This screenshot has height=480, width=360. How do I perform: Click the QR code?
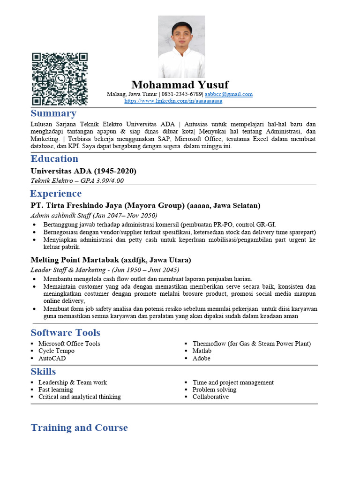pyautogui.click(x=60, y=79)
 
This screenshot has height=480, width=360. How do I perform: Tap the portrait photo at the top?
pyautogui.click(x=181, y=46)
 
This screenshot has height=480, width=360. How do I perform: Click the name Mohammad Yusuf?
pyautogui.click(x=180, y=85)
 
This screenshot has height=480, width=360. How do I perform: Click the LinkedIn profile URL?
pyautogui.click(x=173, y=101)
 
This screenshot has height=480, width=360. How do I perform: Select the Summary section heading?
pyautogui.click(x=53, y=113)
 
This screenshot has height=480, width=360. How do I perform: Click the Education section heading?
pyautogui.click(x=54, y=159)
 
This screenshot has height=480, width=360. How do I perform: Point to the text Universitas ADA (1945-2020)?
pyautogui.click(x=83, y=171)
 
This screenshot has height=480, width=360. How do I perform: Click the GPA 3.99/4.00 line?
pyautogui.click(x=77, y=180)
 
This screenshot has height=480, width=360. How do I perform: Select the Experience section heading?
pyautogui.click(x=56, y=194)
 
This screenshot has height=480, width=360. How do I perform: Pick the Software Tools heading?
pyautogui.click(x=66, y=333)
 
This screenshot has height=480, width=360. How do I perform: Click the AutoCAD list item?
pyautogui.click(x=52, y=358)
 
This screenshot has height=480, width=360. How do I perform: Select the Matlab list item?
pyautogui.click(x=202, y=351)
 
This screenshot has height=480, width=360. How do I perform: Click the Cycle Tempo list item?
pyautogui.click(x=56, y=351)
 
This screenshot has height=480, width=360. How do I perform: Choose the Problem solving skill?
pyautogui.click(x=214, y=390)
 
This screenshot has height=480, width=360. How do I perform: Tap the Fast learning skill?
pyautogui.click(x=56, y=390)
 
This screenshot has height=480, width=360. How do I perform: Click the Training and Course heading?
pyautogui.click(x=79, y=427)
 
